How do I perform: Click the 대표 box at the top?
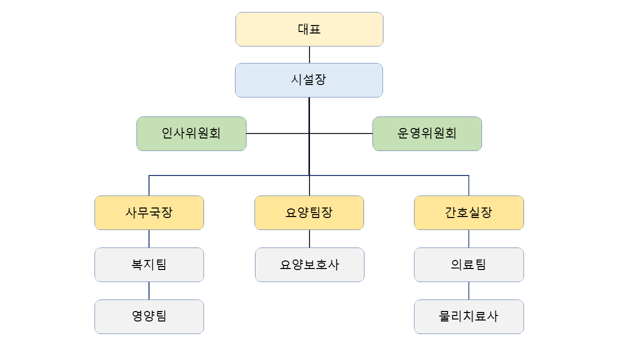(309, 29)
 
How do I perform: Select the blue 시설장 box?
(309, 80)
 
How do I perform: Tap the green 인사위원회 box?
(191, 133)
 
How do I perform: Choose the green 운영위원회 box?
(427, 133)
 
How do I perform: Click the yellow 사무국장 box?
(149, 212)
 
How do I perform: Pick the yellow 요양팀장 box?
(309, 212)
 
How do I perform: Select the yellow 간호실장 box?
(468, 212)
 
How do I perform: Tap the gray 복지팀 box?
(149, 264)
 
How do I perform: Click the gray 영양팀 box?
(149, 316)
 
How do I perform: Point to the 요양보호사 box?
(309, 264)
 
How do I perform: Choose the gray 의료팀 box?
(468, 264)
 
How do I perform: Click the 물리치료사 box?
(468, 316)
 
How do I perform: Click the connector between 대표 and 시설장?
(309, 54)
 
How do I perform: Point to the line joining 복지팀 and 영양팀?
(149, 290)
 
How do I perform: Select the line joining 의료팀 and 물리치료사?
(468, 290)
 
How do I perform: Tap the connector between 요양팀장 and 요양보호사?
(309, 238)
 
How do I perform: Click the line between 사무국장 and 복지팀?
(149, 238)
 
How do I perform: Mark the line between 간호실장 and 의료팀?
(468, 238)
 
